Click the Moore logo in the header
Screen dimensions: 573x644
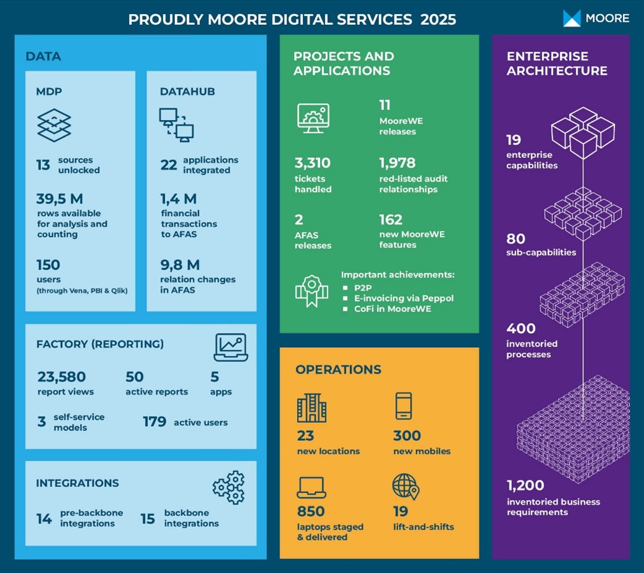point(596,18)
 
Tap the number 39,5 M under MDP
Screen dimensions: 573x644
point(60,198)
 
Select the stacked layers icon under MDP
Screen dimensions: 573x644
point(54,125)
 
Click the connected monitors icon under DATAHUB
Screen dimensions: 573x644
point(176,124)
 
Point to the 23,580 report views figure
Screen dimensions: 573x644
point(61,376)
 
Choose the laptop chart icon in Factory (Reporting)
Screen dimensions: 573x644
point(231,347)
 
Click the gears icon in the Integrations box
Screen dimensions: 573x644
point(229,487)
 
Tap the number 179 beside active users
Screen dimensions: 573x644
point(154,422)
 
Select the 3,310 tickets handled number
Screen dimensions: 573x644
point(312,164)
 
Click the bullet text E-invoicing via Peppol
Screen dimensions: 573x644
point(404,298)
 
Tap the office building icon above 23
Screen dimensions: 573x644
point(311,407)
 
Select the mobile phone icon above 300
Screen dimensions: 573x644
point(403,407)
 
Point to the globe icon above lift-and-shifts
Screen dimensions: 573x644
point(405,487)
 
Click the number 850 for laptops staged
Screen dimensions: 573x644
point(311,511)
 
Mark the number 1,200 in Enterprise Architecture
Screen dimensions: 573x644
point(525,485)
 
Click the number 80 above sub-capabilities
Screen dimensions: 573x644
point(516,239)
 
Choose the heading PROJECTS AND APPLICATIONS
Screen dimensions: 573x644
point(344,63)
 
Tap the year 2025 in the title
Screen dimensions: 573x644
point(438,19)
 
